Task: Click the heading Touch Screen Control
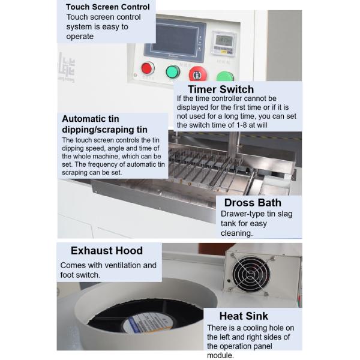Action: click(107, 7)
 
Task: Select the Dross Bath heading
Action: click(252, 202)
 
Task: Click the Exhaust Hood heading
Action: click(107, 250)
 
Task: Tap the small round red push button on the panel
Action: click(147, 68)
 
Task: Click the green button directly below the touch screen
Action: click(173, 73)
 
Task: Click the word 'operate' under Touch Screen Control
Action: click(80, 36)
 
